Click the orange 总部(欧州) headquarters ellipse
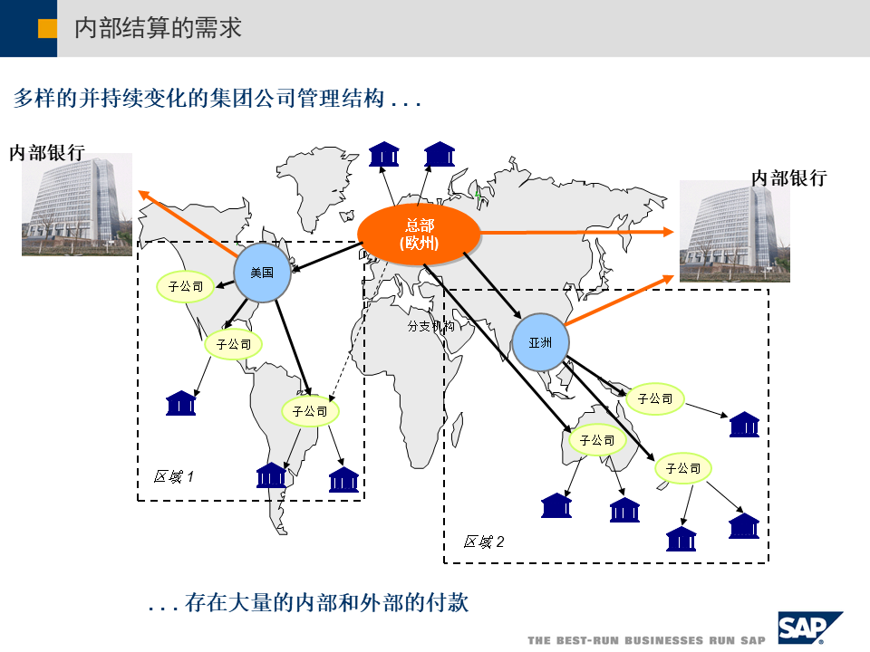tap(419, 235)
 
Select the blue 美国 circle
tap(262, 271)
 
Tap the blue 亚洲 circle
tap(540, 342)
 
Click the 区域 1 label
tap(174, 476)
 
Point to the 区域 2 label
tap(484, 542)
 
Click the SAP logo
tap(808, 627)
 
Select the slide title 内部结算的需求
tap(158, 28)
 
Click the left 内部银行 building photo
tap(77, 205)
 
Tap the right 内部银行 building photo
tap(734, 231)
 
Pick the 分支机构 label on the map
tap(430, 326)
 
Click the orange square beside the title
tap(48, 28)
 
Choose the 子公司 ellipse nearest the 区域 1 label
tap(310, 411)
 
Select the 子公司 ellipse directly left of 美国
tap(186, 287)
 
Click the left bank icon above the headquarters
tap(384, 154)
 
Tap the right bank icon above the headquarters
tap(440, 154)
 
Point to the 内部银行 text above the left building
tap(47, 152)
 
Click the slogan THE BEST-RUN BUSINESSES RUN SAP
tap(646, 640)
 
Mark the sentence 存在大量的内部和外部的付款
tap(326, 602)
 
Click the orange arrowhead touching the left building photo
tap(142, 193)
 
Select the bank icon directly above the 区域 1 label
tap(181, 403)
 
